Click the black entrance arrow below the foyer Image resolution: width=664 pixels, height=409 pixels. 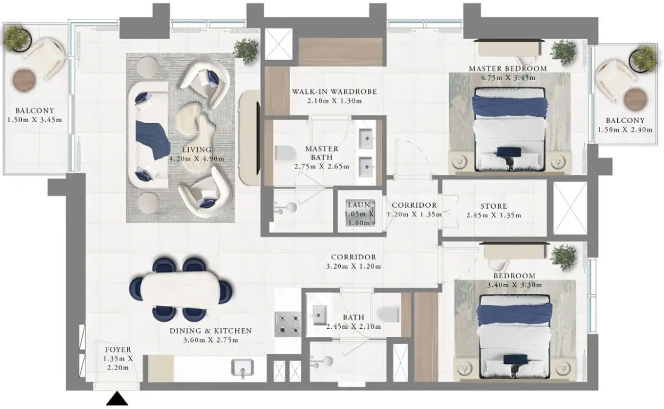[x=117, y=398]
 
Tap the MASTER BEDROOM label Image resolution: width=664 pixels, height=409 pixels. [x=508, y=69]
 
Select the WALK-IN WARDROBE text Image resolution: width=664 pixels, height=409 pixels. [x=335, y=91]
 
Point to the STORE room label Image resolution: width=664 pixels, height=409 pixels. [x=494, y=206]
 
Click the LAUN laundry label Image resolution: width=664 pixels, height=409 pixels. [x=359, y=205]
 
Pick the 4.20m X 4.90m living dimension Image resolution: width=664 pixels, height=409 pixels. [x=197, y=159]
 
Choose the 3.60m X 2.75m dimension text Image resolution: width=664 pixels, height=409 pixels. [x=211, y=340]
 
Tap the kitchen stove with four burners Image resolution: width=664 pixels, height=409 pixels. [x=288, y=324]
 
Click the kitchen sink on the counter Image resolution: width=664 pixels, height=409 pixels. [x=242, y=368]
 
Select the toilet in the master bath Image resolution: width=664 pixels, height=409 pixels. [x=285, y=153]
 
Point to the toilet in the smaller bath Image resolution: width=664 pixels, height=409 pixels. [x=388, y=314]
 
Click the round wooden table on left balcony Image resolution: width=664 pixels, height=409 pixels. [x=24, y=80]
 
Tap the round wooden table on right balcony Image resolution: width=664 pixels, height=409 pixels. [x=635, y=100]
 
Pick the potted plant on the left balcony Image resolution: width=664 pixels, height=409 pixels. [x=18, y=39]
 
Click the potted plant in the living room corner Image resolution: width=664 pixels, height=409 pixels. [x=246, y=51]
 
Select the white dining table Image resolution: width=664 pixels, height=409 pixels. [x=181, y=290]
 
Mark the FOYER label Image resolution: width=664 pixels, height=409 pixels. [x=118, y=350]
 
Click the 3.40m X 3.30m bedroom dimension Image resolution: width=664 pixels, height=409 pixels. [x=515, y=285]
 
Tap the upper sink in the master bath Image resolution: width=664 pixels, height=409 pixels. [x=366, y=138]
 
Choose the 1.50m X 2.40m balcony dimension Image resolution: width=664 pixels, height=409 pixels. [x=625, y=130]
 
